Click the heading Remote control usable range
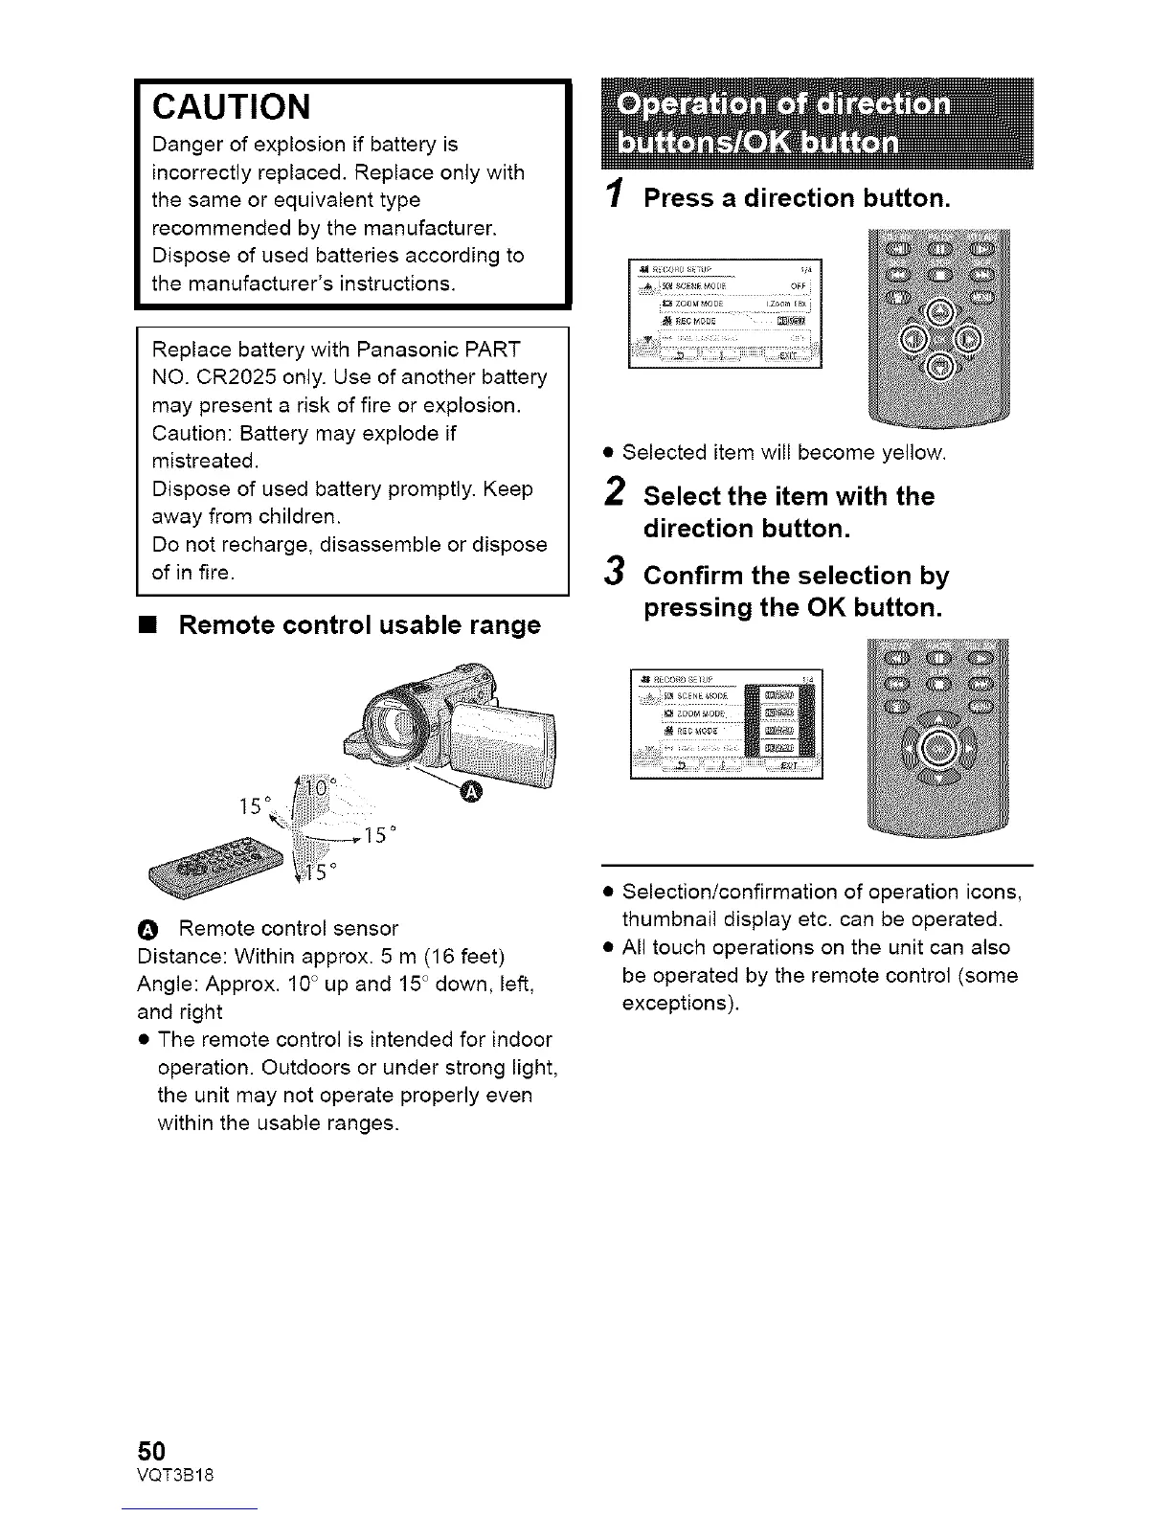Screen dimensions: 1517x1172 coord(359,625)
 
